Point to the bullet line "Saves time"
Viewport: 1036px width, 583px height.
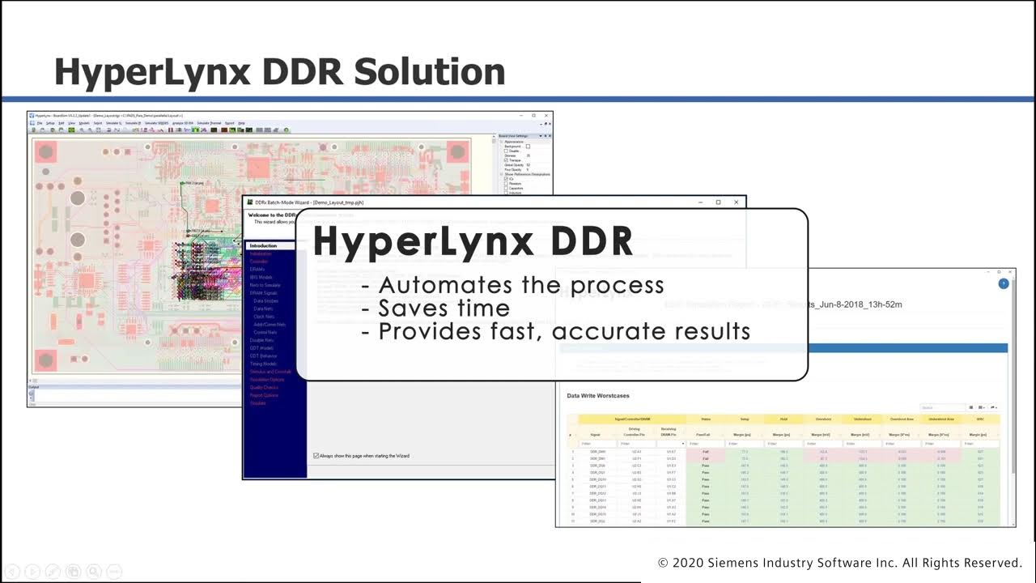point(444,309)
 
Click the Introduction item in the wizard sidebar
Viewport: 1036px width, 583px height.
point(263,245)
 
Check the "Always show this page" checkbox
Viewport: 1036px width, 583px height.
point(316,456)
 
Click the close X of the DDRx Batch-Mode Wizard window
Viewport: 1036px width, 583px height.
point(736,202)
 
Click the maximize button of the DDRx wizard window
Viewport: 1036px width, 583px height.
point(718,202)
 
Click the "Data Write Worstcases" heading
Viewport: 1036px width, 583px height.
point(598,396)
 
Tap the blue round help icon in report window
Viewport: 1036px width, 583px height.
point(1004,283)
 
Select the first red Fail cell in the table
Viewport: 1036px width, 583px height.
point(705,452)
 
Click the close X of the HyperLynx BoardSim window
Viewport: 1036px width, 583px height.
point(546,116)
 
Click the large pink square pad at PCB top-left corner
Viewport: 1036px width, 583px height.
point(46,151)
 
